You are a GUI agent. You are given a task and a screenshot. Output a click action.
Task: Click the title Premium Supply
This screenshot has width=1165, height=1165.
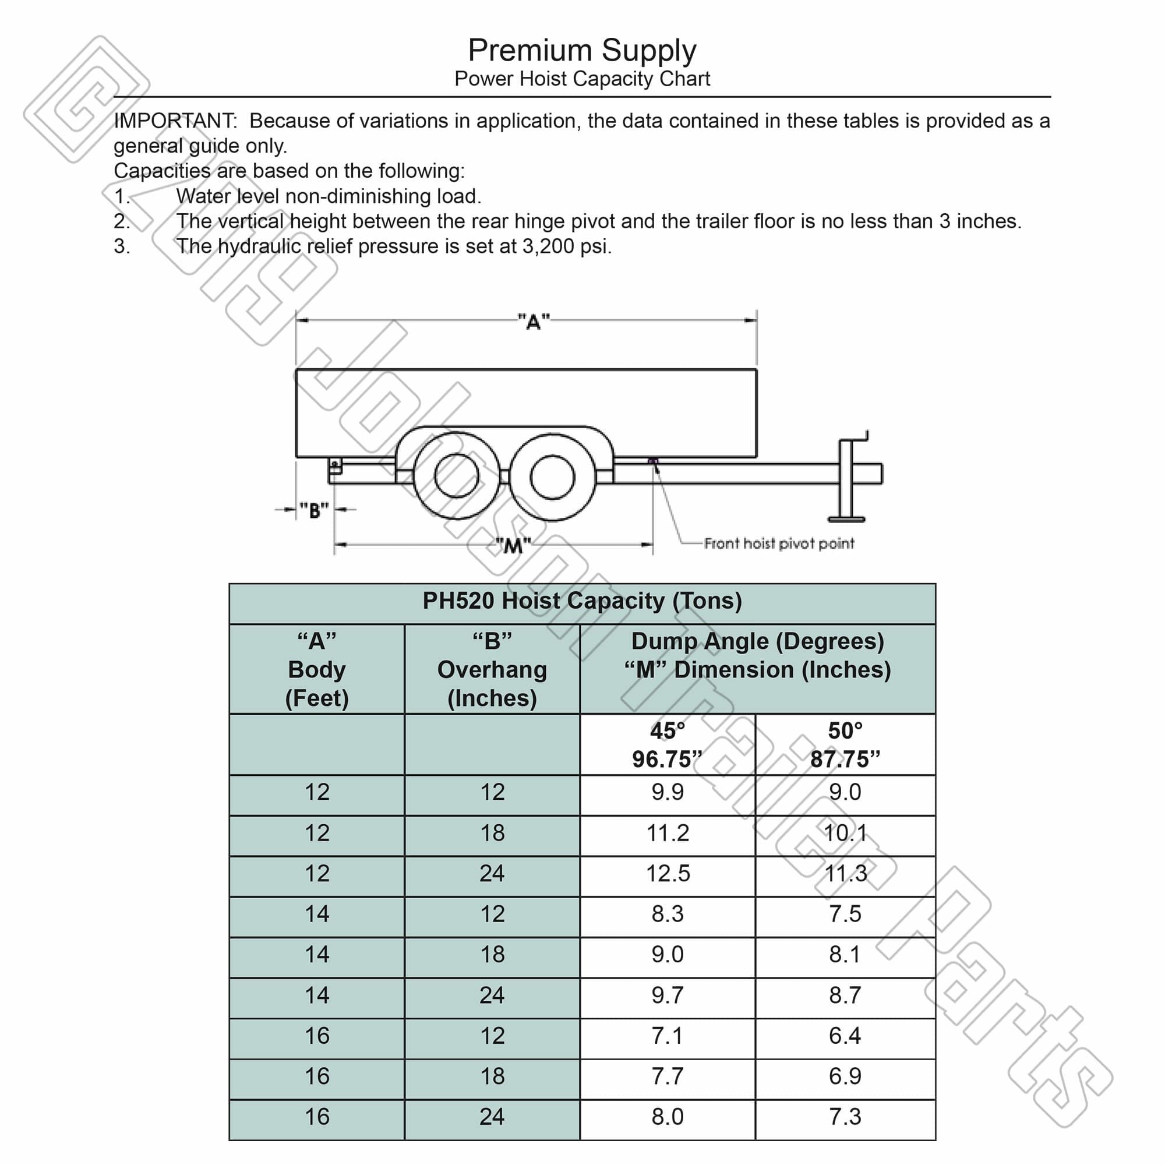point(582,51)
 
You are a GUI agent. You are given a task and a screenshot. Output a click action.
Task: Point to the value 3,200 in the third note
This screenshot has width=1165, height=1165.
point(549,246)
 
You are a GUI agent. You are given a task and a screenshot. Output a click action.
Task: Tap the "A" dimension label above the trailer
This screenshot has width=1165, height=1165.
point(534,322)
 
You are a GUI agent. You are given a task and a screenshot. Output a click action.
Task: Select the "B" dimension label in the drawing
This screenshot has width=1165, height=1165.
point(314,511)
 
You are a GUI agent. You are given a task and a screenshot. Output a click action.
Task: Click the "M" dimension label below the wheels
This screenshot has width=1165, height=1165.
point(513,546)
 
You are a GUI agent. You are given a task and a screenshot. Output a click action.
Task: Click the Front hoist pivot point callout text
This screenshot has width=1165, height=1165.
point(778,543)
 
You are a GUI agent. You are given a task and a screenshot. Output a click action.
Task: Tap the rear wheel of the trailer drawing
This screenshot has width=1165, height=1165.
point(457,476)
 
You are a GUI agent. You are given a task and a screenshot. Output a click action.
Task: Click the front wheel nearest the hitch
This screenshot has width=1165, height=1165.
point(552,477)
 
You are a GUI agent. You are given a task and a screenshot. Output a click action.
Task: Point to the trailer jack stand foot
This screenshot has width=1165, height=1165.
point(846,518)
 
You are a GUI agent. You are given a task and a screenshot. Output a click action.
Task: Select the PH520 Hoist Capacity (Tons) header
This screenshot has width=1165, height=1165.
point(582,601)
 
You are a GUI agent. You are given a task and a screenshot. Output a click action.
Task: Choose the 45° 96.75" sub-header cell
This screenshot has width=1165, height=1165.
point(667,744)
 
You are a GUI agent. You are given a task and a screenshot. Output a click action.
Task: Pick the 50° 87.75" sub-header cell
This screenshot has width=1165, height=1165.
point(845,744)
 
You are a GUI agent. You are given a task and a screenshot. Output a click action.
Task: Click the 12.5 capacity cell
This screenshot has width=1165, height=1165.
point(668,873)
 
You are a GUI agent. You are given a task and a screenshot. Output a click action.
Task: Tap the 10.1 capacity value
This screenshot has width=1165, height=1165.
point(845,833)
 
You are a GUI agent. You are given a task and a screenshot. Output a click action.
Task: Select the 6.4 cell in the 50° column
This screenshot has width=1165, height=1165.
point(845,1035)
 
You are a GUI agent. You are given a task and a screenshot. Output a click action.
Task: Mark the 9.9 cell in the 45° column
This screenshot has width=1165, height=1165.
point(668,792)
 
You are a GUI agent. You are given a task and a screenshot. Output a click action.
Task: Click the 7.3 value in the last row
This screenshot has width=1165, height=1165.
point(845,1116)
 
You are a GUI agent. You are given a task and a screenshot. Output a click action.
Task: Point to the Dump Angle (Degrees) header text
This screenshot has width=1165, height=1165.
point(757,641)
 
